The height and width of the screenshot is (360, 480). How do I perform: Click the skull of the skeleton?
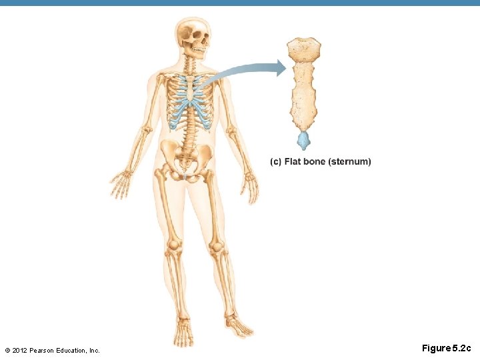point(193,33)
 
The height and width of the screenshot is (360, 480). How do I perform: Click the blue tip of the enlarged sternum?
point(304,140)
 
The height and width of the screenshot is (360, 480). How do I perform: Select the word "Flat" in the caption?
point(293,162)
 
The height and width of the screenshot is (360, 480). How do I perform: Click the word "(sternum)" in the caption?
point(349,162)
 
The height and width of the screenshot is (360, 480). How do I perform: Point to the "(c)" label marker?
point(275,162)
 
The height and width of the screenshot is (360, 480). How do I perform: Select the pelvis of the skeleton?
point(187,160)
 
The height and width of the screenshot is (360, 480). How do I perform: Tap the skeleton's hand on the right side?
point(250,187)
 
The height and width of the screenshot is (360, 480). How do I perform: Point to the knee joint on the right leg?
point(216,247)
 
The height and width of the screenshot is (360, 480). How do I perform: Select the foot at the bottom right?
point(239,327)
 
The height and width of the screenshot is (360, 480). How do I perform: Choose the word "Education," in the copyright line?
point(76,350)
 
